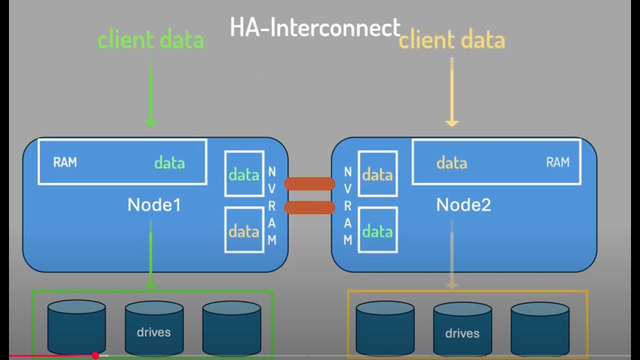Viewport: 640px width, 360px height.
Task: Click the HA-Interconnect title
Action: point(315,27)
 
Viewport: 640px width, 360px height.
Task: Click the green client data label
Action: point(150,40)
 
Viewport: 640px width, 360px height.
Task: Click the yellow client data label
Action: point(451,40)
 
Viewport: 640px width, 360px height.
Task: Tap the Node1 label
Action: point(154,204)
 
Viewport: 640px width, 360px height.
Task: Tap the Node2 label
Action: point(463,204)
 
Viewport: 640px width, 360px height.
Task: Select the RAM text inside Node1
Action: point(65,162)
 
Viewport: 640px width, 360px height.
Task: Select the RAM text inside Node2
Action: point(557,162)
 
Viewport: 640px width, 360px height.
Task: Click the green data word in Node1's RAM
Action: point(169,163)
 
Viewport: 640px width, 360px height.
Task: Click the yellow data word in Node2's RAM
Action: point(451,163)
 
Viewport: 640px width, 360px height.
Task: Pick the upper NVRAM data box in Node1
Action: point(244,174)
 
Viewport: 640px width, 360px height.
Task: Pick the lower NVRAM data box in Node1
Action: point(244,230)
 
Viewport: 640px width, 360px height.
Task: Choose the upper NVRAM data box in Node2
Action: point(377,174)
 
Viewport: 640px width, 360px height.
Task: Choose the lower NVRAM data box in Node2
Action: point(377,230)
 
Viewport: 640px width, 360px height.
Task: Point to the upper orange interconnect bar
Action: point(309,184)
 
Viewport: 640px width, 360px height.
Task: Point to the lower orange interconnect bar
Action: point(309,207)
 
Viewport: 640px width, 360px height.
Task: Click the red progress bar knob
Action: point(95,355)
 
